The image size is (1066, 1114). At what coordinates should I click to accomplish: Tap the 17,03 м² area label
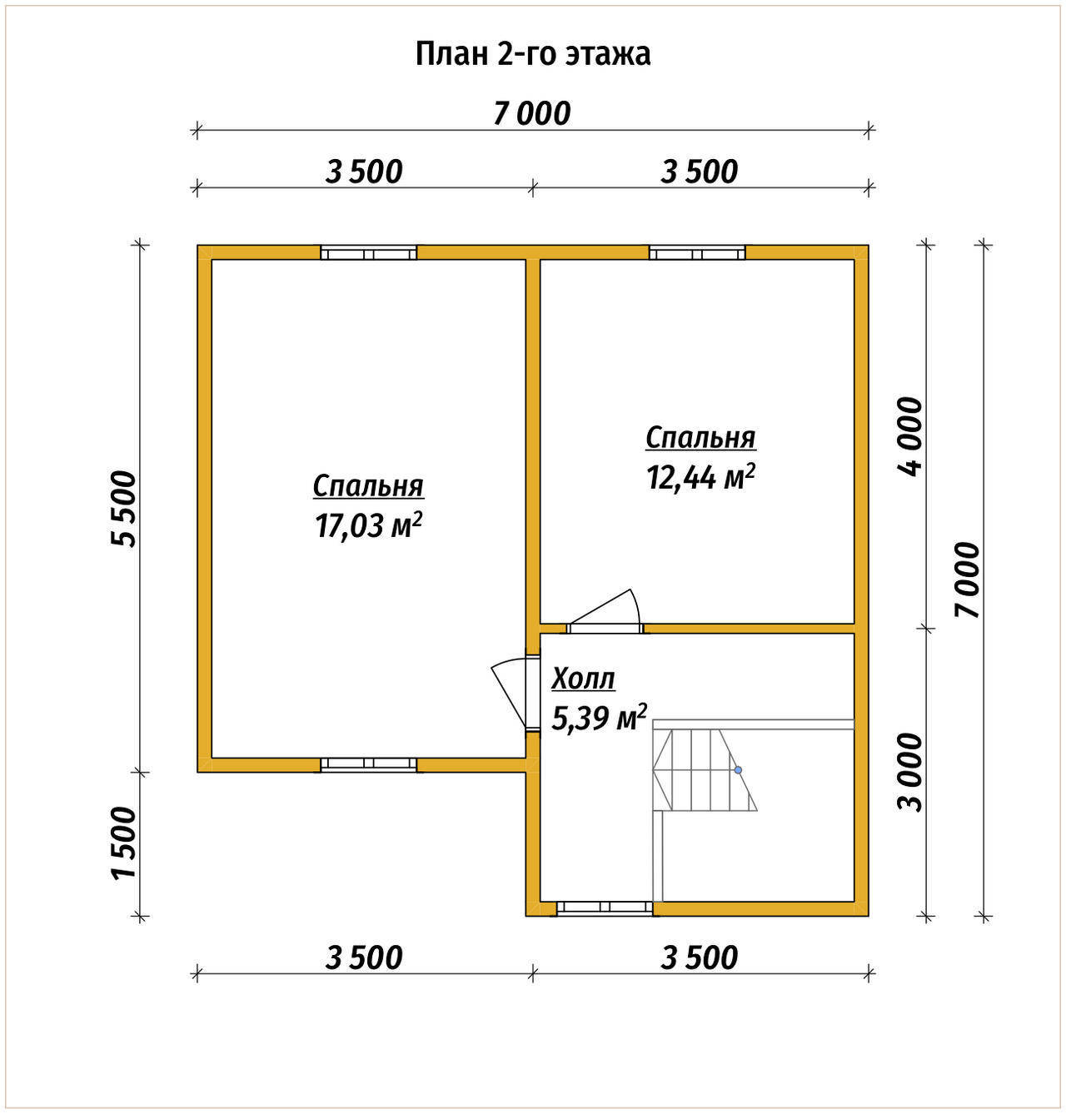368,526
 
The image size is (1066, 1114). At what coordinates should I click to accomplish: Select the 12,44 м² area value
700,477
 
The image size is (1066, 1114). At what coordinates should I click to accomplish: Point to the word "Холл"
583,679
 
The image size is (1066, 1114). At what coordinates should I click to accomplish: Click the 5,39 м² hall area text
599,718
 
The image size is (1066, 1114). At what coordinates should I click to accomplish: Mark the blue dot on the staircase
738,770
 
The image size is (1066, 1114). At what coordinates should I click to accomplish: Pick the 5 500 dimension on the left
123,509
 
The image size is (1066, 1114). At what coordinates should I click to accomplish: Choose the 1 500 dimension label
123,843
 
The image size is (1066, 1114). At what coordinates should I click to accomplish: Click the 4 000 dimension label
910,436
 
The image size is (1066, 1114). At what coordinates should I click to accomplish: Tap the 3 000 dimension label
910,773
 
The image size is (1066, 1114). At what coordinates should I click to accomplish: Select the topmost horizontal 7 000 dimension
532,113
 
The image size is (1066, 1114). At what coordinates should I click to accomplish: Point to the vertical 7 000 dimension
967,579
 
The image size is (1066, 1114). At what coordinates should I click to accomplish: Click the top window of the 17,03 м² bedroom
369,252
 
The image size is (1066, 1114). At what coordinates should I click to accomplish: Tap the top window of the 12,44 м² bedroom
697,252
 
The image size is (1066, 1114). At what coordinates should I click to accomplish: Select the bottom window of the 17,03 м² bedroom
369,765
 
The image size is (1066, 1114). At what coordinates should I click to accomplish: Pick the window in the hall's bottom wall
605,908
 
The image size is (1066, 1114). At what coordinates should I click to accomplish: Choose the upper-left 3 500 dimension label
364,172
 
